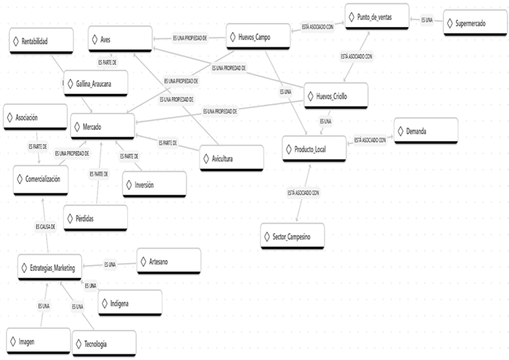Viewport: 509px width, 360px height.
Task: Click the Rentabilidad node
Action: (40, 41)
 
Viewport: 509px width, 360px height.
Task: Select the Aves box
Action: (119, 39)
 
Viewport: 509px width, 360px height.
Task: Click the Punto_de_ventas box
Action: (376, 16)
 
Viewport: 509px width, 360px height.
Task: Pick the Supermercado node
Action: (475, 23)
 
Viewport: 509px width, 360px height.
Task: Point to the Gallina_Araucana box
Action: (95, 84)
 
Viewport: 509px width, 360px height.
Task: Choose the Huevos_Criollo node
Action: (335, 96)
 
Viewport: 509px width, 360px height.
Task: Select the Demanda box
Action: (425, 131)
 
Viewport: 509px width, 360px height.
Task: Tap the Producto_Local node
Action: (314, 149)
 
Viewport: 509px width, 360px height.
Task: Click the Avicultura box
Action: (231, 158)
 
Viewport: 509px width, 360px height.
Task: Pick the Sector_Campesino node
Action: (292, 236)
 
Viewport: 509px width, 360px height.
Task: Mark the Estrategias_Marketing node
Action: (49, 268)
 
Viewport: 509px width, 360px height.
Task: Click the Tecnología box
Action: (103, 344)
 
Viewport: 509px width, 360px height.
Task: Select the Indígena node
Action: (130, 303)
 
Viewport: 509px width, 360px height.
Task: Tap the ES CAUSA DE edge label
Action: (46, 226)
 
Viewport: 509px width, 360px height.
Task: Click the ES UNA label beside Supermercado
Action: (427, 20)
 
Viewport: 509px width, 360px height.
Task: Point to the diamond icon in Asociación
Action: (10, 117)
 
